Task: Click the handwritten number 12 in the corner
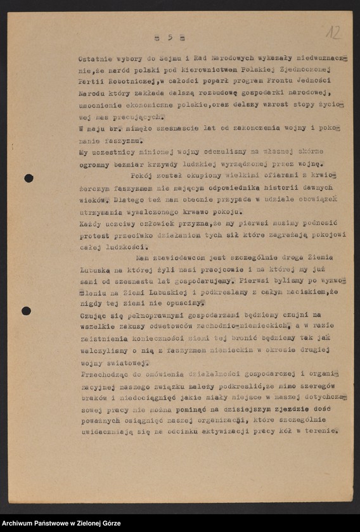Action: (x=333, y=32)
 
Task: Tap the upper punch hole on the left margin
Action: (x=29, y=178)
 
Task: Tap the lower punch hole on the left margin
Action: (x=26, y=310)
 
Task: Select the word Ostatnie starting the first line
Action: (x=94, y=58)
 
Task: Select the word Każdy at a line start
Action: (x=91, y=223)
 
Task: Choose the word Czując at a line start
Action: (x=93, y=315)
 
